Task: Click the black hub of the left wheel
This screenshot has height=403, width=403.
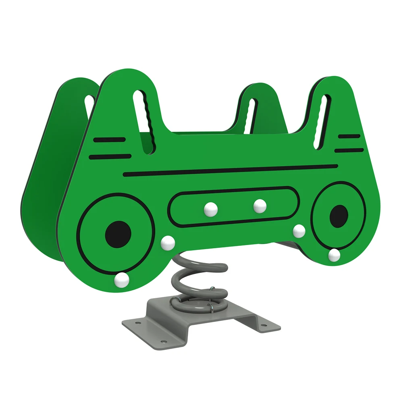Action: [x=118, y=234]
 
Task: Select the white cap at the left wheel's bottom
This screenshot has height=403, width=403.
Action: [x=121, y=280]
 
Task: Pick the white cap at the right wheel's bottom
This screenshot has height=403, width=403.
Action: [x=334, y=255]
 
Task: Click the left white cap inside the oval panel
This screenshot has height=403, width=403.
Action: [x=210, y=209]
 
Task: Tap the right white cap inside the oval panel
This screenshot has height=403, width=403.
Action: [x=260, y=206]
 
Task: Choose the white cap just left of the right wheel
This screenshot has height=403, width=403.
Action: [x=299, y=231]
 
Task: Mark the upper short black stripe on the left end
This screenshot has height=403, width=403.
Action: [x=109, y=140]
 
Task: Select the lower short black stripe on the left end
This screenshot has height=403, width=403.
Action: [x=110, y=156]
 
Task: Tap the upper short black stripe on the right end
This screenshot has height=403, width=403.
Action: [x=349, y=136]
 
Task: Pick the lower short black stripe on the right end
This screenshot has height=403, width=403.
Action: [x=349, y=150]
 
